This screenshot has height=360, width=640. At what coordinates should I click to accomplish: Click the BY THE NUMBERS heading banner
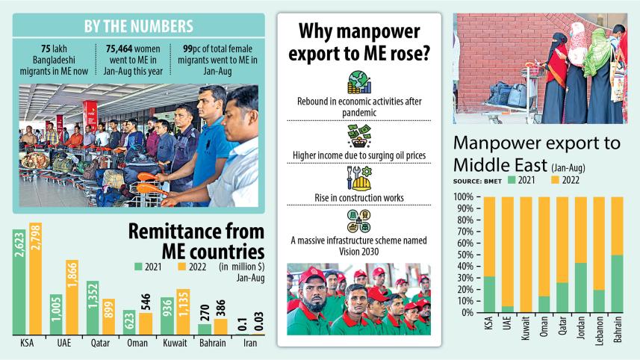click(x=139, y=27)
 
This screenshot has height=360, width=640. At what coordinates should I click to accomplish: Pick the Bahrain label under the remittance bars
click(x=211, y=344)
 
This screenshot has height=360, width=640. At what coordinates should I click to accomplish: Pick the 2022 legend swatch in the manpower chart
click(x=556, y=179)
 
